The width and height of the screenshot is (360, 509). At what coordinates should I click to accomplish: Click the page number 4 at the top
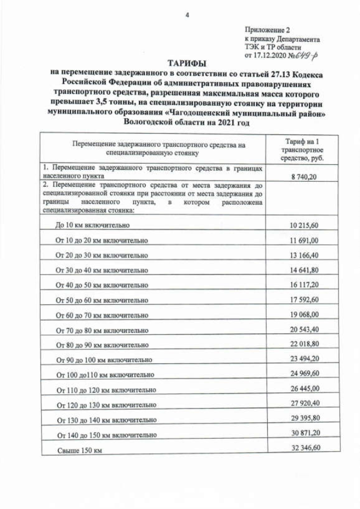pyautogui.click(x=187, y=15)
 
